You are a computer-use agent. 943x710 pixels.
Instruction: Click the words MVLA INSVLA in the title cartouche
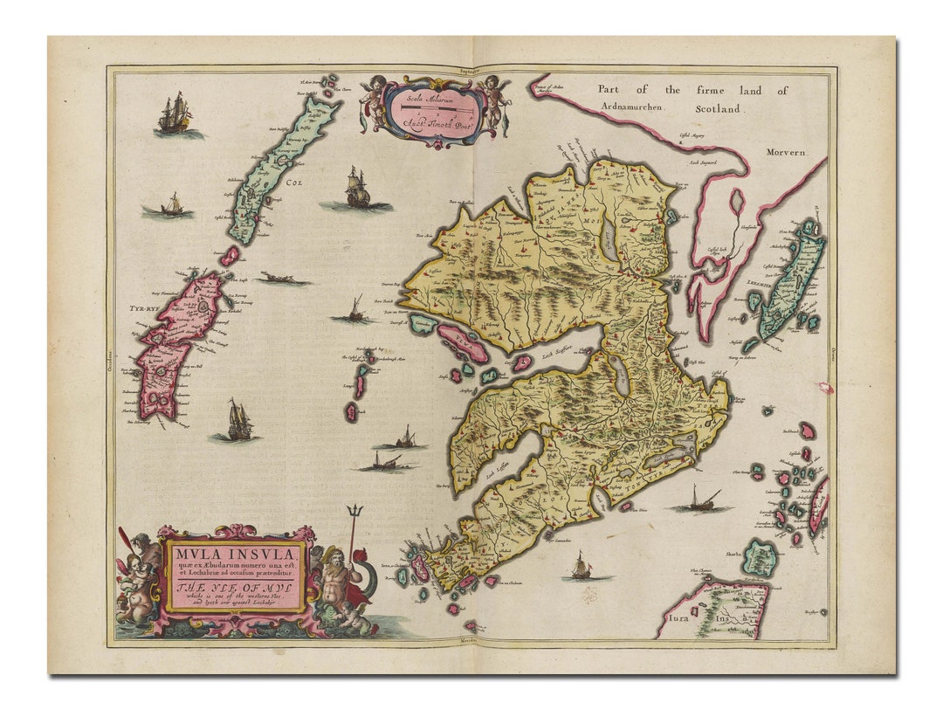[229, 553]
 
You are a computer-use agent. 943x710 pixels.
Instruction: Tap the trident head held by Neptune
[354, 512]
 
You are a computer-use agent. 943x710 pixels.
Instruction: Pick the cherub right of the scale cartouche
[495, 96]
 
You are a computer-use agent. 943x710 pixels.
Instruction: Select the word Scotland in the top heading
[718, 109]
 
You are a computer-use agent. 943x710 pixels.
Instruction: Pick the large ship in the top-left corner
[175, 114]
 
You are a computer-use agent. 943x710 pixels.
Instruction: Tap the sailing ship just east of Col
[356, 190]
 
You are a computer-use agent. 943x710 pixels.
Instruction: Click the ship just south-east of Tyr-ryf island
[237, 422]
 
